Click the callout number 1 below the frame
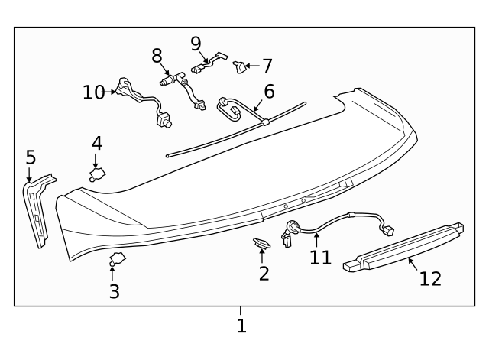click(x=241, y=326)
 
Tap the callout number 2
click(x=264, y=273)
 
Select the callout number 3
click(x=114, y=291)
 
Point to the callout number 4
click(x=97, y=143)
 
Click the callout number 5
click(x=31, y=157)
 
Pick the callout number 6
click(x=268, y=92)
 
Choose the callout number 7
click(x=267, y=66)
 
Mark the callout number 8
click(x=157, y=56)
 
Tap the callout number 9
click(x=196, y=44)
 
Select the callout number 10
click(x=93, y=92)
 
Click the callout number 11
click(x=320, y=257)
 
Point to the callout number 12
click(x=430, y=278)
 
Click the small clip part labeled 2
click(x=262, y=244)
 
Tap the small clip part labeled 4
click(x=98, y=174)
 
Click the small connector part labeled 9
click(x=210, y=61)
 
